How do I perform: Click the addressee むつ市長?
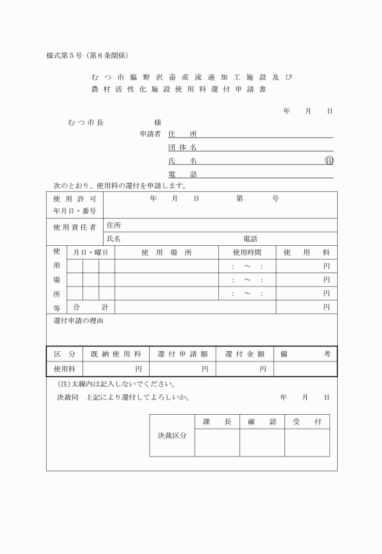coord(86,122)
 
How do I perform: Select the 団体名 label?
coord(183,147)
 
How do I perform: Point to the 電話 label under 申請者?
coord(183,174)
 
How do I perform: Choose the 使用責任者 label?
coord(75,228)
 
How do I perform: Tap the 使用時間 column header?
coord(247,252)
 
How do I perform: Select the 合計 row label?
coord(90,307)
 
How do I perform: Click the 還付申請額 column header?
coord(183,354)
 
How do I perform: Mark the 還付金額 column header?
coord(244,354)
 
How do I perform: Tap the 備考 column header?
coord(305,354)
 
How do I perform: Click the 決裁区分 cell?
coord(172,435)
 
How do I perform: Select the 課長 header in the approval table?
coord(216,421)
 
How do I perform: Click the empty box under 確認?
coord(262,443)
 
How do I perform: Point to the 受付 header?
coord(307,421)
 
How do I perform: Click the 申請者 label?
coord(150,134)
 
